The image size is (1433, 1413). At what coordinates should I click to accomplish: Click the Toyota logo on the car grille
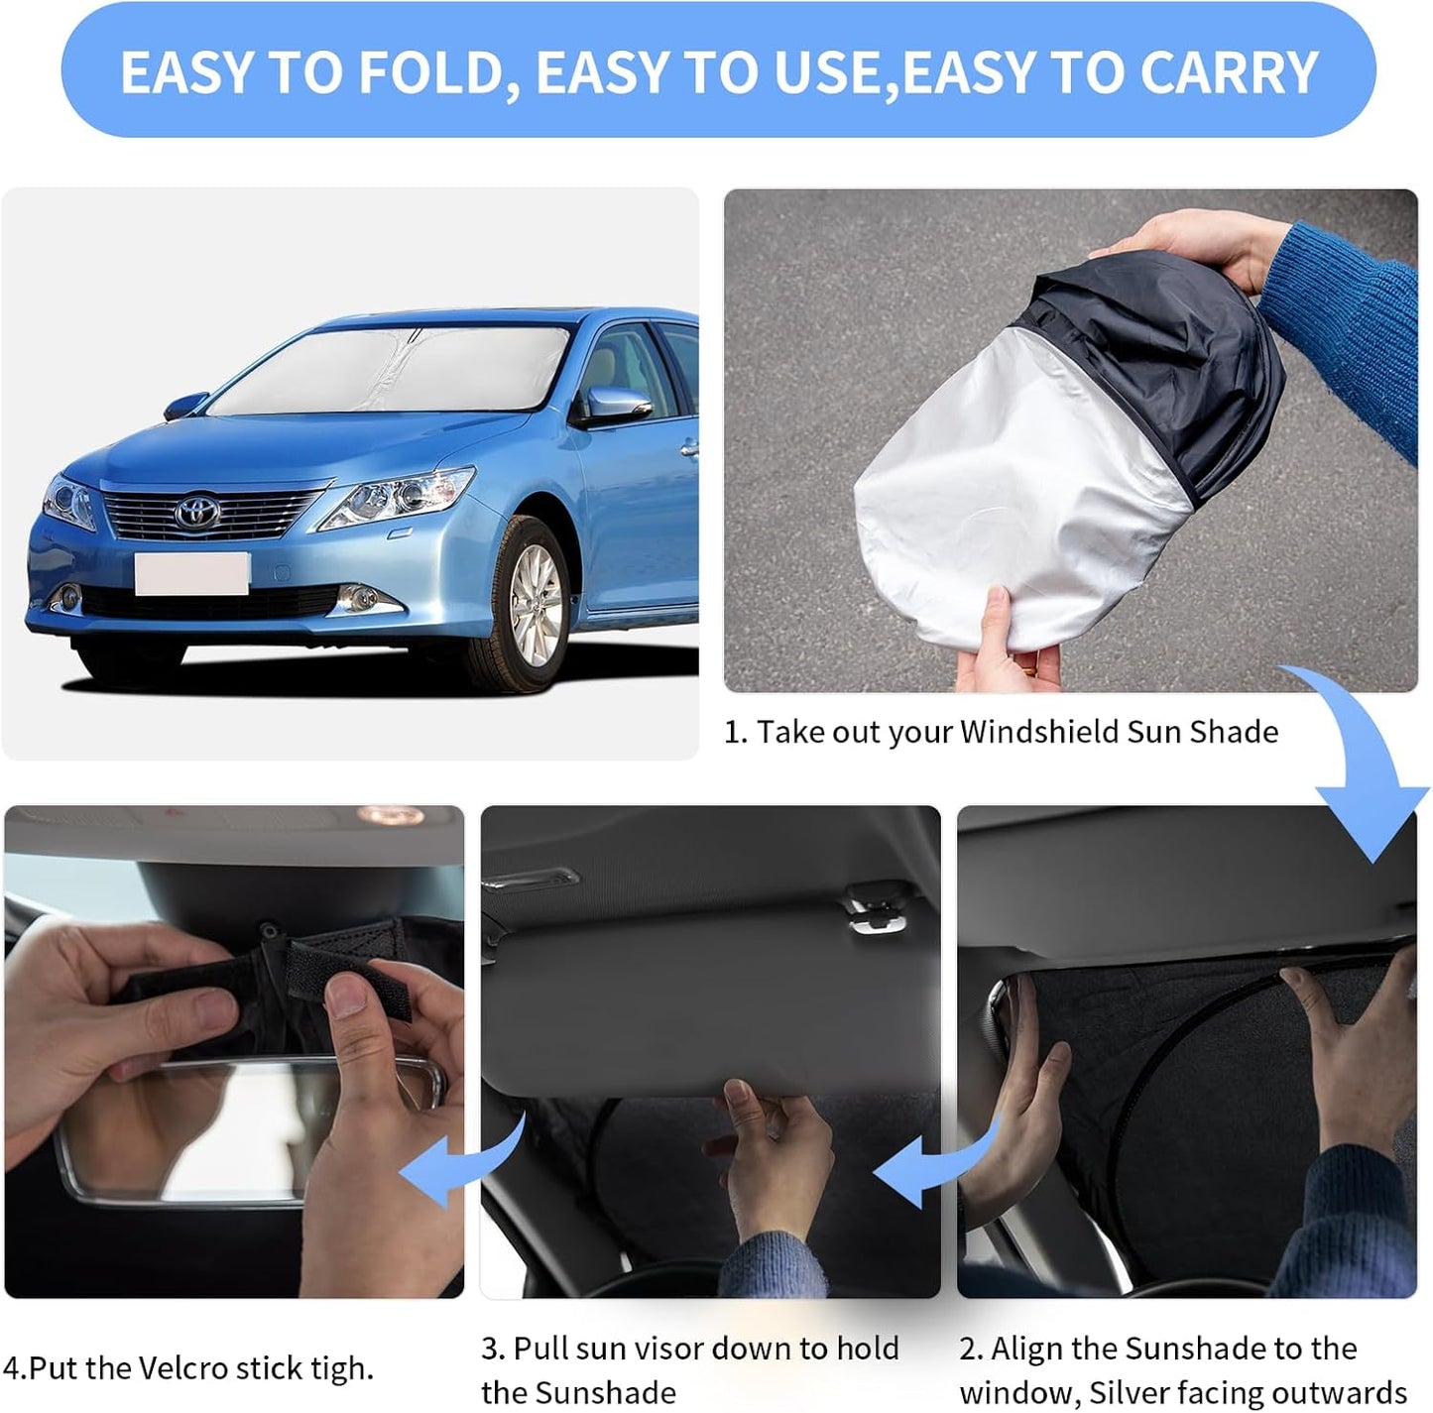(x=197, y=512)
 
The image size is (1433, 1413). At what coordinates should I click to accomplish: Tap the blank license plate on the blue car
(x=191, y=573)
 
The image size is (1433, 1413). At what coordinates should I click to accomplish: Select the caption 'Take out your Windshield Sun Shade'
(x=1016, y=732)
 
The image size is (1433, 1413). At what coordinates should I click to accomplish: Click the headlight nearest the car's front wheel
(x=397, y=499)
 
